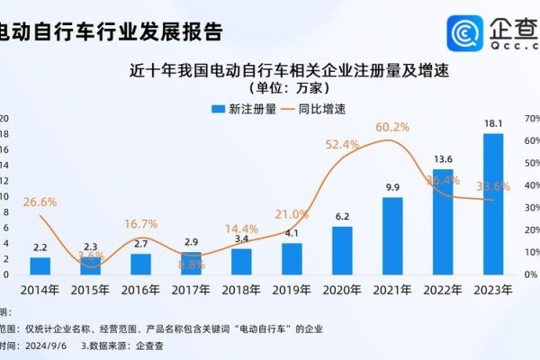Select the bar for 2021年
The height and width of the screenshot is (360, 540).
tap(392, 235)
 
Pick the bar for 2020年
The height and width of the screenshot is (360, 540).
tap(342, 249)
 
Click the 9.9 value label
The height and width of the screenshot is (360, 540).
tap(392, 187)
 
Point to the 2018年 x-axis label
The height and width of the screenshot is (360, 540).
tap(241, 290)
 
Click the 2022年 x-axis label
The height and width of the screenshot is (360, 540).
tap(443, 290)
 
